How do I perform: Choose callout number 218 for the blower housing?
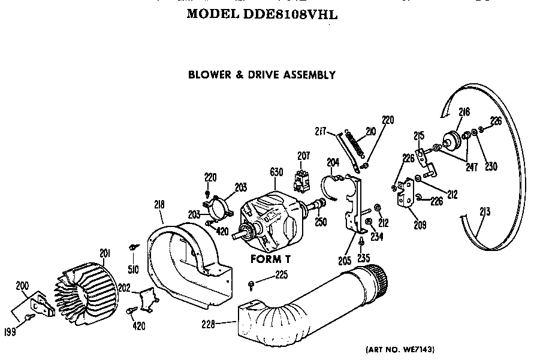point(159,204)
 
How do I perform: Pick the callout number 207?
point(304,156)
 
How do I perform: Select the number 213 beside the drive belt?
point(485,211)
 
